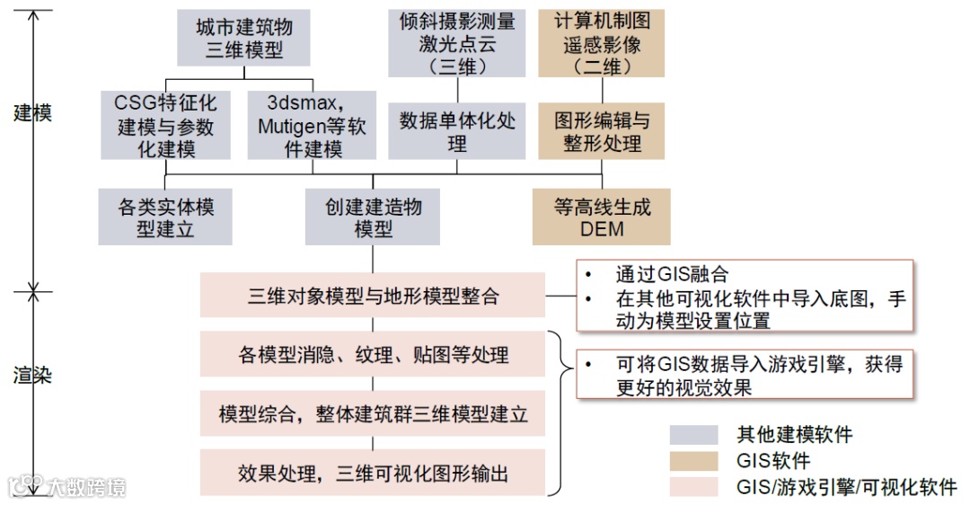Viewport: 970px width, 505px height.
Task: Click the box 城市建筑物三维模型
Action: click(243, 39)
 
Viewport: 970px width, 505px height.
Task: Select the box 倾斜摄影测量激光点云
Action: click(457, 43)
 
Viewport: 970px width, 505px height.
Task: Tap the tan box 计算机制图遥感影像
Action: click(602, 43)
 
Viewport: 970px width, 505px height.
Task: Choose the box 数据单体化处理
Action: click(457, 131)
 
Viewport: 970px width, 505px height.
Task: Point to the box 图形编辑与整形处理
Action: click(602, 131)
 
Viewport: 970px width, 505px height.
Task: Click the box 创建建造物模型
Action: click(373, 217)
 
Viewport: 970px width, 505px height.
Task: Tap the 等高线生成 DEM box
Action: click(602, 217)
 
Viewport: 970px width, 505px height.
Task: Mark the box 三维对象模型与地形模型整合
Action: click(373, 295)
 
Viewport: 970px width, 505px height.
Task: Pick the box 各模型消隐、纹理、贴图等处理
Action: click(373, 354)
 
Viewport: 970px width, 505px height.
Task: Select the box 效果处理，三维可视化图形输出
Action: click(373, 473)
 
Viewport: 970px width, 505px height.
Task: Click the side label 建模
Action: click(33, 112)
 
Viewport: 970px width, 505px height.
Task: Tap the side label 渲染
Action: click(33, 374)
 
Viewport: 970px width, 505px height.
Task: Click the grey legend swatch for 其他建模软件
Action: click(693, 435)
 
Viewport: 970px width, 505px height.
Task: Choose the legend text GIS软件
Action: click(773, 461)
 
